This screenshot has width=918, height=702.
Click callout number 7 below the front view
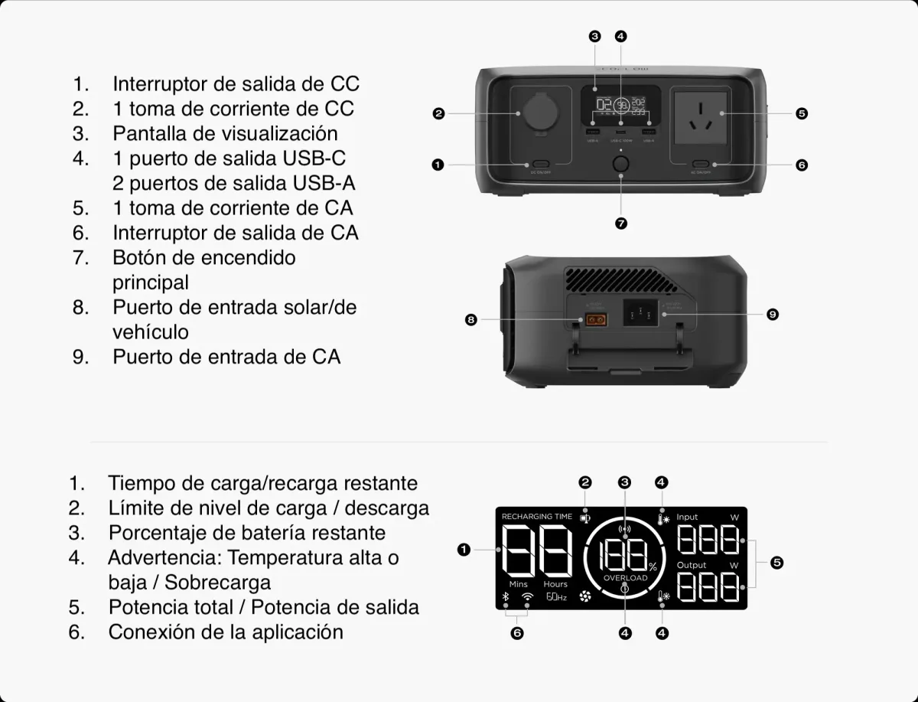pos(620,224)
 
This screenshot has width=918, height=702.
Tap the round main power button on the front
pos(620,165)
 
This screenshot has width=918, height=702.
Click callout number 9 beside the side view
pos(773,315)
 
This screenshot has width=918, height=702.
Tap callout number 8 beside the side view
pos(471,319)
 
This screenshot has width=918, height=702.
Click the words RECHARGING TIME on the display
pos(536,517)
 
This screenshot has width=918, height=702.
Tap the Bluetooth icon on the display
pos(505,597)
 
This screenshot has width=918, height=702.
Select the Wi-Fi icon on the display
pos(527,597)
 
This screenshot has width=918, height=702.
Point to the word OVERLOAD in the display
pos(625,578)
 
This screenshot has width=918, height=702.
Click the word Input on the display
pos(687,518)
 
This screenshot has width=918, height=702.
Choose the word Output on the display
pos(691,565)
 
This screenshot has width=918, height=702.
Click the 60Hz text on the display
pos(556,597)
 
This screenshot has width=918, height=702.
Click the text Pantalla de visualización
pos(225,133)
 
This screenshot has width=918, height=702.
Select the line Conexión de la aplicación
pos(225,632)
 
